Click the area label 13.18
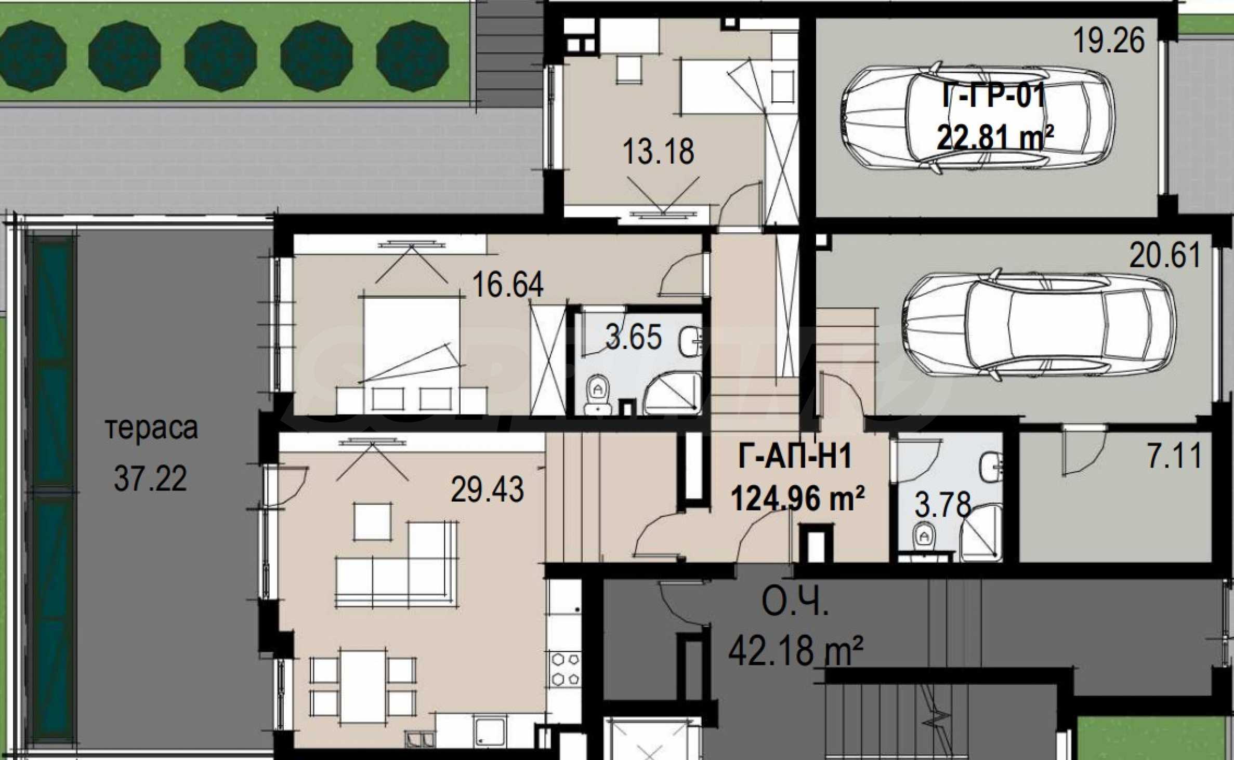pos(658,151)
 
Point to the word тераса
pos(151,429)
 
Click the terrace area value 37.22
pos(150,478)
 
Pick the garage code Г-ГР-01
pos(993,97)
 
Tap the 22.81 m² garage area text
pos(995,138)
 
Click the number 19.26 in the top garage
pos(1109,41)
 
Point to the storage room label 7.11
pos(1174,456)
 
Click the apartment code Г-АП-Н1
pos(795,457)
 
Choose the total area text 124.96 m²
pos(798,498)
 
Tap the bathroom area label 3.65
pos(634,337)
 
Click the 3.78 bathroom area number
pos(942,504)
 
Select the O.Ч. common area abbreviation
pos(795,603)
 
